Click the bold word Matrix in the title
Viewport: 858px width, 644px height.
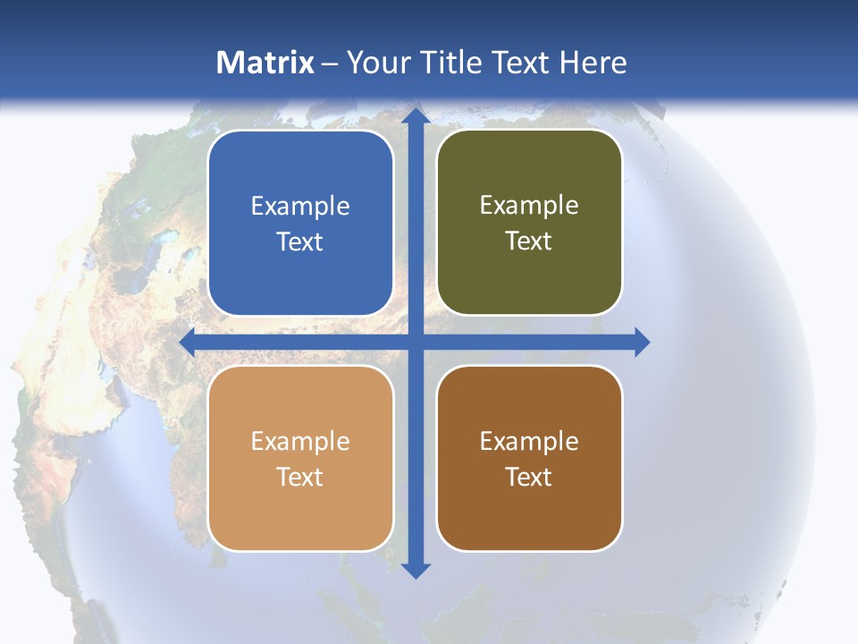pyautogui.click(x=265, y=63)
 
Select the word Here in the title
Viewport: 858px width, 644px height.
pyautogui.click(x=593, y=63)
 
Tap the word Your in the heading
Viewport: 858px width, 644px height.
pyautogui.click(x=376, y=63)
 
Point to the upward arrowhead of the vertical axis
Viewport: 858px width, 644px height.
pyautogui.click(x=416, y=115)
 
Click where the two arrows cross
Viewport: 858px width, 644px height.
pyautogui.click(x=416, y=342)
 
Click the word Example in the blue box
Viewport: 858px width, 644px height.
pyautogui.click(x=300, y=207)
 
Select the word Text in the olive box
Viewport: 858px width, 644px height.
pyautogui.click(x=529, y=241)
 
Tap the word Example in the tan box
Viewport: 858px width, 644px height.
pyautogui.click(x=300, y=442)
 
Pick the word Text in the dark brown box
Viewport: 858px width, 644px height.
pyautogui.click(x=529, y=477)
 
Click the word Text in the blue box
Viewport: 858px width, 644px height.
pyautogui.click(x=300, y=242)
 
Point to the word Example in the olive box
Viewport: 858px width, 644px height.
pyautogui.click(x=529, y=206)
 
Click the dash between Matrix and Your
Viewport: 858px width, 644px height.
pyautogui.click(x=330, y=64)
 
